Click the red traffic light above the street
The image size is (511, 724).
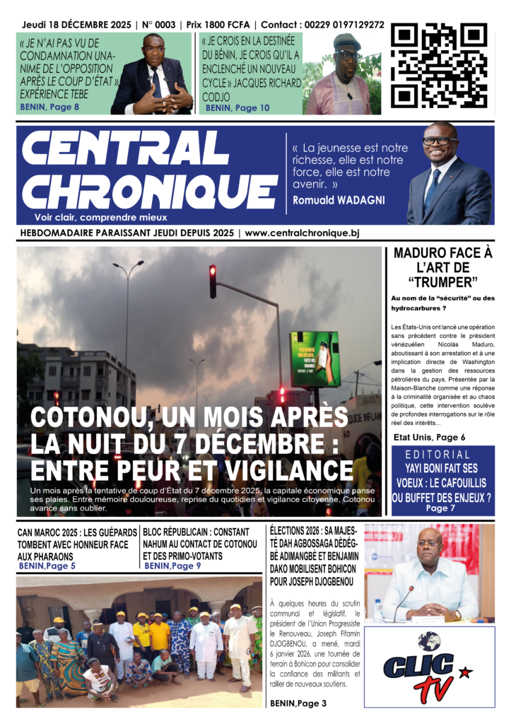point(213,281)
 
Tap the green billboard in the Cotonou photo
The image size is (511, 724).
point(315,359)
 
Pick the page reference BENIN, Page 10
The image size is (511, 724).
point(237,107)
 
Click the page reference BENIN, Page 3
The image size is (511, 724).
point(298,703)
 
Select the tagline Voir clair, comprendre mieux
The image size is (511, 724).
point(101,217)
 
